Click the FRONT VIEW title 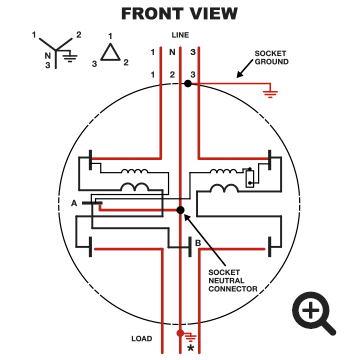coord(180,14)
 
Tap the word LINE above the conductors coord(180,34)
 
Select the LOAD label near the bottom coord(142,337)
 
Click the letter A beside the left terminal coord(74,203)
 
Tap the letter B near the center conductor coord(198,243)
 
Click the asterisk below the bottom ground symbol coord(190,348)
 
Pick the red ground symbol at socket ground coord(268,94)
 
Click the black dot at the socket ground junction coord(187,85)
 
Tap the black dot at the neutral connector coord(180,210)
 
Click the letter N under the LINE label coord(172,51)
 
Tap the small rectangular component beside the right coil coord(249,182)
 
